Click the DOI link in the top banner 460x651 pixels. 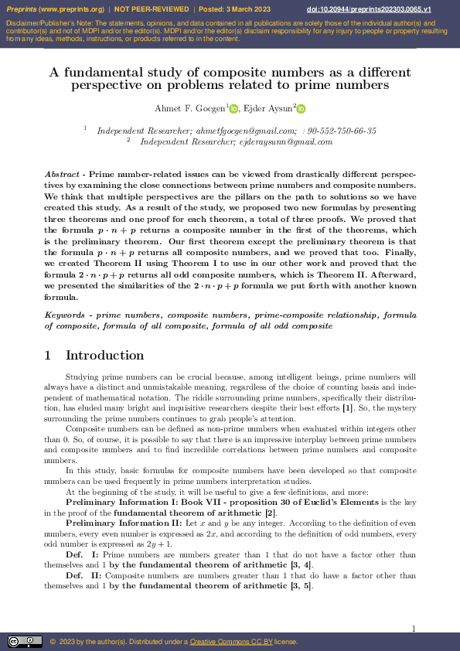(x=380, y=9)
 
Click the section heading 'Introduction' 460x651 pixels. (x=104, y=356)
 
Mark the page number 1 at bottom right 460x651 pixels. (x=414, y=629)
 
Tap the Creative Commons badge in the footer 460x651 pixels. (x=25, y=642)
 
